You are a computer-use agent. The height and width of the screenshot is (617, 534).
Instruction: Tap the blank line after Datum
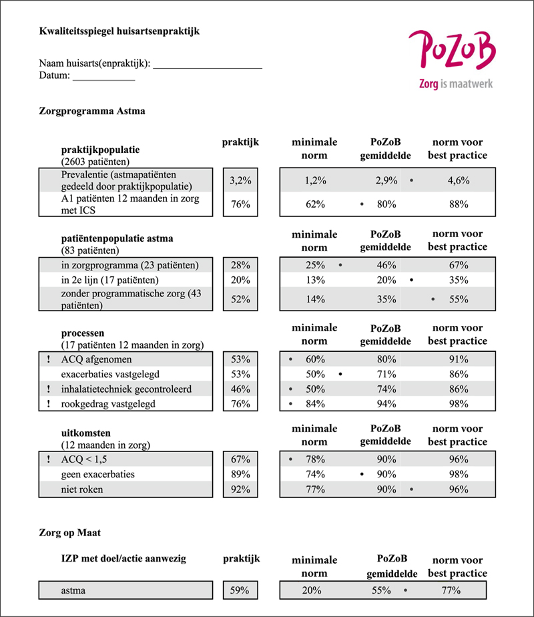click(x=103, y=78)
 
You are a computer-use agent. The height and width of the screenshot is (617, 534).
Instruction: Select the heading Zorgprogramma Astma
click(x=92, y=111)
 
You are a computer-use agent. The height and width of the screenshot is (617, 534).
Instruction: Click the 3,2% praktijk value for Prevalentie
click(x=240, y=180)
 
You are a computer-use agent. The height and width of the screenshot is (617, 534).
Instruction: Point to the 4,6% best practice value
click(x=459, y=180)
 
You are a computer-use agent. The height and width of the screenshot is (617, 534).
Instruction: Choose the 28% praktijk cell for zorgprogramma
click(x=240, y=264)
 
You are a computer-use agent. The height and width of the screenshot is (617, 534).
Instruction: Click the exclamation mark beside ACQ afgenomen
click(x=49, y=360)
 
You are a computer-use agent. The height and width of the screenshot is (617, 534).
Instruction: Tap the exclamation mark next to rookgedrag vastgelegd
click(x=49, y=403)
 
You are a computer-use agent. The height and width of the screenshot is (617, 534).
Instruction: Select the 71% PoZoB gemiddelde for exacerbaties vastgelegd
click(x=386, y=374)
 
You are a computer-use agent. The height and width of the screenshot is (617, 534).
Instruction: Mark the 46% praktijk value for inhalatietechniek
click(x=240, y=389)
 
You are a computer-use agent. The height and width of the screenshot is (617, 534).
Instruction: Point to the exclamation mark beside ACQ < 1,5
click(x=49, y=459)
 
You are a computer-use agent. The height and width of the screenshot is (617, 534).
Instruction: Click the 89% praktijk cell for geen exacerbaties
click(x=240, y=474)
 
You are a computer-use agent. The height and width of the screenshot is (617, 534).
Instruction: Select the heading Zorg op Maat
click(x=69, y=533)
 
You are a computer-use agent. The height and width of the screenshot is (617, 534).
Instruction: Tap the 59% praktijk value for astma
click(x=240, y=590)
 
